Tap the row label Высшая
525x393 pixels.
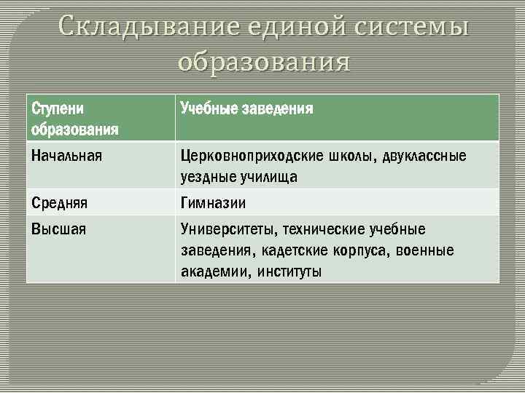tap(58, 229)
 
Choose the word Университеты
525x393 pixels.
tap(227, 230)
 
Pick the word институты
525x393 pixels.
tap(288, 272)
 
